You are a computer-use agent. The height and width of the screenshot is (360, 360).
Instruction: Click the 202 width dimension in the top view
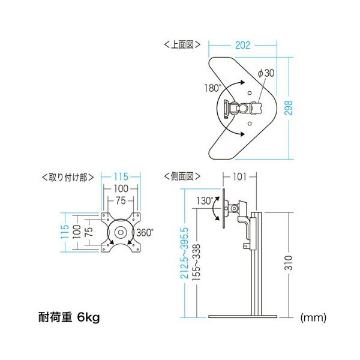click(x=242, y=44)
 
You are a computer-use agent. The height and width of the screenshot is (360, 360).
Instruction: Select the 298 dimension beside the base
click(x=290, y=107)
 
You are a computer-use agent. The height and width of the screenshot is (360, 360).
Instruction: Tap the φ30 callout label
click(x=266, y=73)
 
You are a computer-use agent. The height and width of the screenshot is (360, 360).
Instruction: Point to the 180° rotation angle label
click(x=212, y=88)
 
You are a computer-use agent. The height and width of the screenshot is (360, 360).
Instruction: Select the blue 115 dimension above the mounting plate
click(x=122, y=177)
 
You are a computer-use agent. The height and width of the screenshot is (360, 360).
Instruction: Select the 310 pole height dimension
click(x=290, y=263)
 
